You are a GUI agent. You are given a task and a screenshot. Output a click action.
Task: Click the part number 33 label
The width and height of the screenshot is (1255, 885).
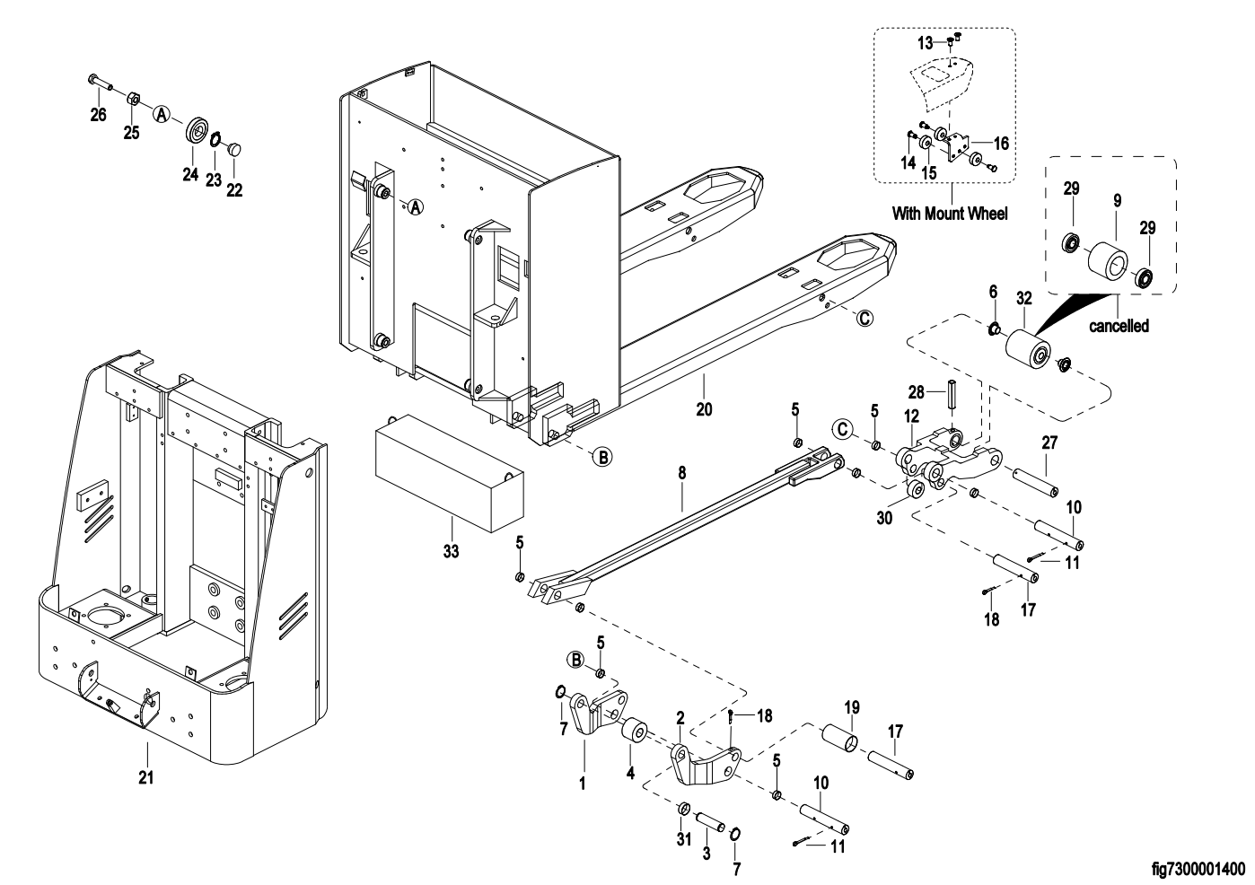pos(451,551)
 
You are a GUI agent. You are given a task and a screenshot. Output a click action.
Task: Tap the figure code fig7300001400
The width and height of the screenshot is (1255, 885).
pos(1198,868)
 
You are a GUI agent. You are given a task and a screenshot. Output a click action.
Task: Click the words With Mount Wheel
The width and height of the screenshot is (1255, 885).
pos(949,214)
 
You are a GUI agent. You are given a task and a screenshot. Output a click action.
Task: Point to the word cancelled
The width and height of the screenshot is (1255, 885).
pos(1119,326)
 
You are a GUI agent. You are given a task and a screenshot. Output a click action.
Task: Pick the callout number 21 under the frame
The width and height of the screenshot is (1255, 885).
pos(145,777)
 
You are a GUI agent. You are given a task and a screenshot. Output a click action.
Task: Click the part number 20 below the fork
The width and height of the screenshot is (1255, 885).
pos(704,409)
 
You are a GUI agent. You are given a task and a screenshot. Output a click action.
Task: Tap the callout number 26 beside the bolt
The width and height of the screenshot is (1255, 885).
pos(98,114)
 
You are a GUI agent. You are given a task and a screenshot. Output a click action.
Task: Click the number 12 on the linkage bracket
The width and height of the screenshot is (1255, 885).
pos(911,416)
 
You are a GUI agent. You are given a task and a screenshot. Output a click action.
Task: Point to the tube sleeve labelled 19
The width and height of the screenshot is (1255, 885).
pos(841,742)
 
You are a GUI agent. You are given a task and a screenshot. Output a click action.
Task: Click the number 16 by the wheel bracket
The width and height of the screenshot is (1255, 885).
pos(1001,143)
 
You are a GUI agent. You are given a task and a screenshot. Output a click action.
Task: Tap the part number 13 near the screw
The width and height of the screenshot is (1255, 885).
pos(925,42)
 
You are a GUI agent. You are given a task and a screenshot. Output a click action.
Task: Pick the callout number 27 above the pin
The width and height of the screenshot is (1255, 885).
pos(1049,442)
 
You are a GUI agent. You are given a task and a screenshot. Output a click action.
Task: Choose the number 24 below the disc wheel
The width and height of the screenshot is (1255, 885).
pos(190,174)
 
